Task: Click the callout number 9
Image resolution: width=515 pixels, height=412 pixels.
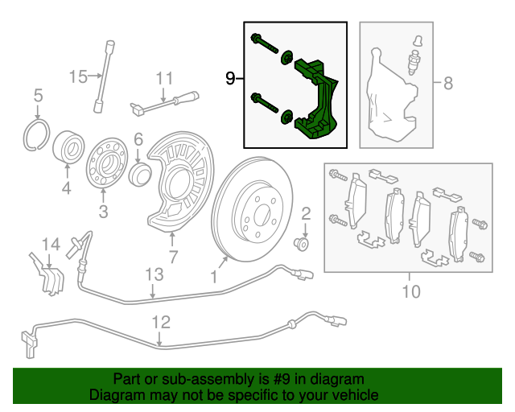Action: click(231, 78)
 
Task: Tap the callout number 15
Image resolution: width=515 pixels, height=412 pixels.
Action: click(77, 77)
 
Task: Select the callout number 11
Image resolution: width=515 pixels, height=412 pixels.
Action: click(164, 78)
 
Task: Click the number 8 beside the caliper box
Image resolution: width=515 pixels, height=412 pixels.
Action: click(448, 82)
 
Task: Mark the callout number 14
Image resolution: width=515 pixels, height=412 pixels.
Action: click(51, 244)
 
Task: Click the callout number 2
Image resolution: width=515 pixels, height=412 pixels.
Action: click(306, 213)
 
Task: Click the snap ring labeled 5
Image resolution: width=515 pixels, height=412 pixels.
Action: click(36, 134)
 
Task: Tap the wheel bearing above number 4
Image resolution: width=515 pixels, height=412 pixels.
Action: click(68, 150)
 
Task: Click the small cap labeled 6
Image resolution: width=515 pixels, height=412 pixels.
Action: click(139, 175)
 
